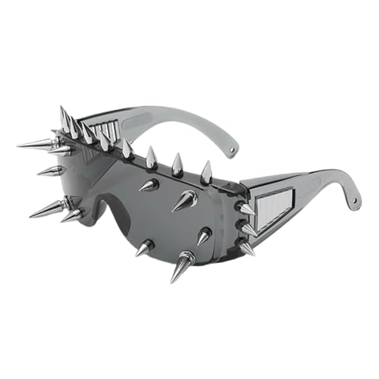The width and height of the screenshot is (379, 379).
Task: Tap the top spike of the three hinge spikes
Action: pos(245,208)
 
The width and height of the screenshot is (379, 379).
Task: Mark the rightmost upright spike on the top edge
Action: pos(206,173)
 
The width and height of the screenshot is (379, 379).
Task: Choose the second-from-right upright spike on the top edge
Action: pos(177,164)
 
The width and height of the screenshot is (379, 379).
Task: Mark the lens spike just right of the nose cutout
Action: pos(146,247)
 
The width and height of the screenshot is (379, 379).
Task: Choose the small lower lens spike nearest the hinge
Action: pos(202,236)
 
